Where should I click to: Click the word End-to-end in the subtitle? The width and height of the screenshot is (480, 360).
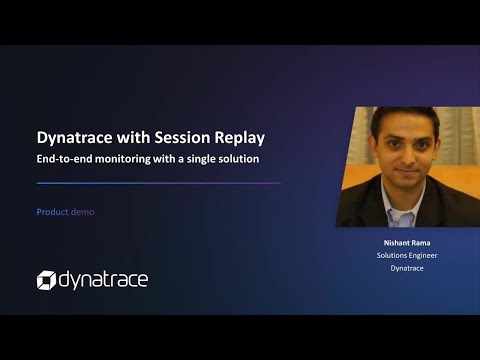tap(63, 159)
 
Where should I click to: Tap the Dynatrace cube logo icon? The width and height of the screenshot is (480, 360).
tap(47, 280)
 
